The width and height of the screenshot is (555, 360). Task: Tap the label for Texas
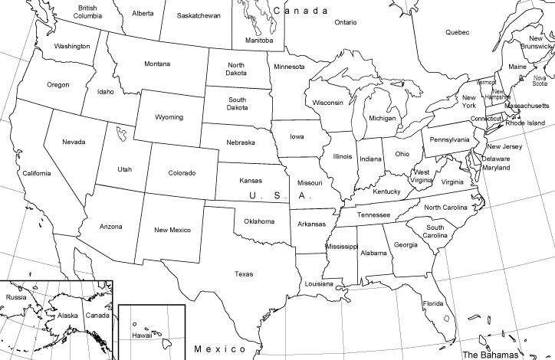tap(244, 273)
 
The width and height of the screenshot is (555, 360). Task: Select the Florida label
tap(433, 303)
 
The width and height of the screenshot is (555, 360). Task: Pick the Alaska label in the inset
tap(68, 316)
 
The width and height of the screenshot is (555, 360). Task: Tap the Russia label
tap(17, 296)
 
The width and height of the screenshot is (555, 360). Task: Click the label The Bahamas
tap(490, 355)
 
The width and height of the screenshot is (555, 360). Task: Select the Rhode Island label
tap(525, 123)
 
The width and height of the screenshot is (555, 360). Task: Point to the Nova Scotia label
tap(540, 80)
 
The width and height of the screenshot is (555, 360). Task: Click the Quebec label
tap(457, 32)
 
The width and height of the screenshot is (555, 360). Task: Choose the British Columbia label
tap(87, 11)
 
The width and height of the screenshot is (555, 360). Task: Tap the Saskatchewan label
tap(199, 15)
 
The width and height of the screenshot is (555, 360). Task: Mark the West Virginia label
tap(422, 176)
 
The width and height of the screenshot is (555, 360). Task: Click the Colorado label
tap(182, 173)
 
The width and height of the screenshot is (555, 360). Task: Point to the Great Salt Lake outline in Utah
tap(120, 135)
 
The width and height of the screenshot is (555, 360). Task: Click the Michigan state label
tap(382, 119)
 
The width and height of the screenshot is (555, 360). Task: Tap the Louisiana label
tap(319, 284)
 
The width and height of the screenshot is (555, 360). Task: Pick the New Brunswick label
tap(536, 43)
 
